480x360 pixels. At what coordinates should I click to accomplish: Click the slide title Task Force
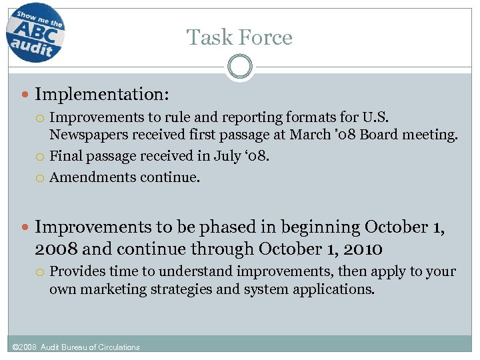(x=239, y=37)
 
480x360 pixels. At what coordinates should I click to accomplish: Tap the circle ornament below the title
(x=239, y=67)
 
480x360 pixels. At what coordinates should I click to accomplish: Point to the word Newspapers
(x=89, y=135)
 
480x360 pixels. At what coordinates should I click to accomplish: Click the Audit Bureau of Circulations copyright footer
(x=77, y=347)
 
